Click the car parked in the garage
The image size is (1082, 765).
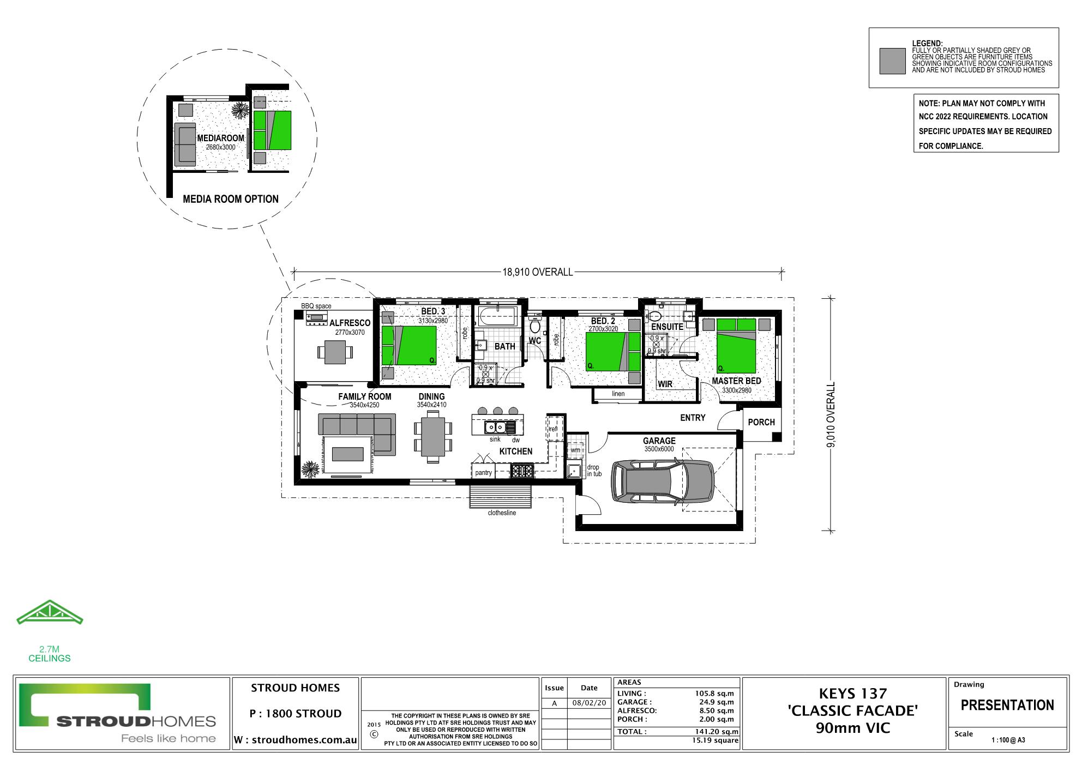click(x=663, y=481)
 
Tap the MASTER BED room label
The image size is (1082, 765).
click(x=736, y=381)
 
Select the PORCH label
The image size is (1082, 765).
click(x=761, y=422)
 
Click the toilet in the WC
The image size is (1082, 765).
click(x=535, y=326)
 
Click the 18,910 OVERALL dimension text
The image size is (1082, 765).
click(x=538, y=272)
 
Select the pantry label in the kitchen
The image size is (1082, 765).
click(x=483, y=473)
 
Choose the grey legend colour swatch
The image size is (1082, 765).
click(x=893, y=61)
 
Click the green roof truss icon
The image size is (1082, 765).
click(x=50, y=612)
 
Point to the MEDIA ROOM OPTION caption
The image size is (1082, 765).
click(x=231, y=199)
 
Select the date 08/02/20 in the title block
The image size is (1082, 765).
click(x=589, y=703)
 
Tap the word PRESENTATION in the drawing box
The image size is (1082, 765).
click(x=1007, y=705)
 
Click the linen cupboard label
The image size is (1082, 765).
click(x=618, y=394)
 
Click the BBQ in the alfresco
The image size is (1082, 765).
click(x=316, y=319)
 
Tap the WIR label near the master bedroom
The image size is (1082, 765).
click(x=665, y=384)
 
